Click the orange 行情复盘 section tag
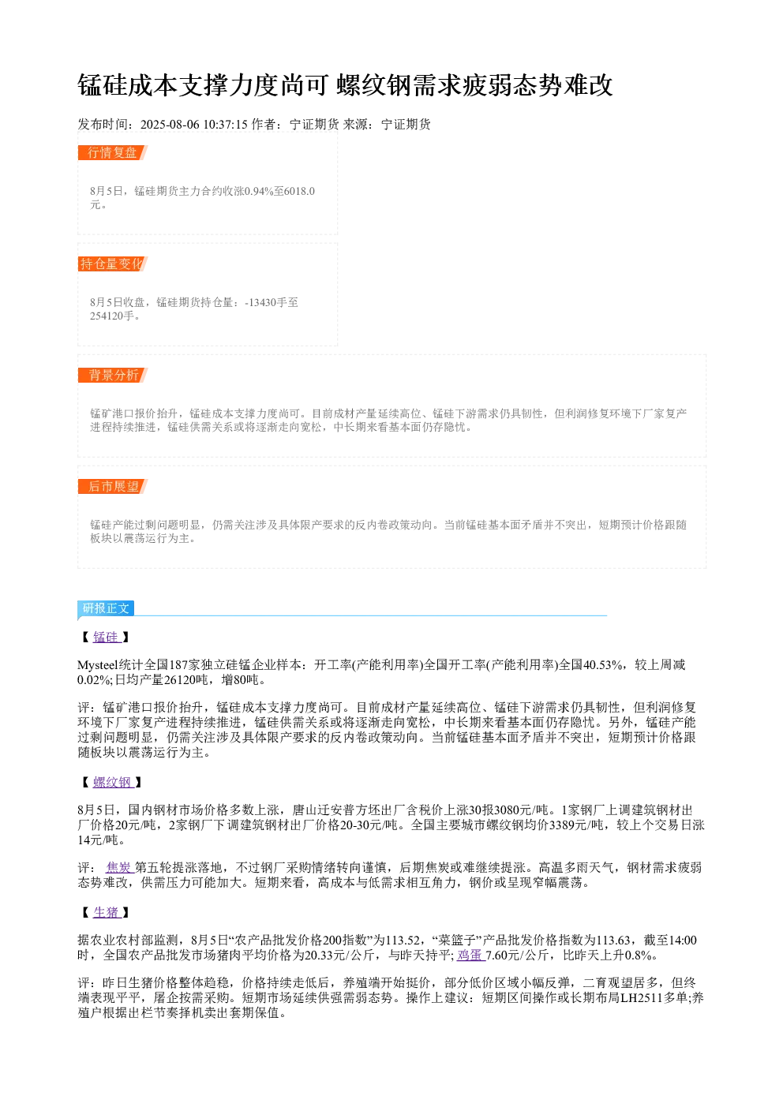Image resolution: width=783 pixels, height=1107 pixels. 113,153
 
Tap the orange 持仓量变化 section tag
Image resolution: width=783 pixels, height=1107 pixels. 113,264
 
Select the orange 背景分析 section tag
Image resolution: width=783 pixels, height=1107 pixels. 113,375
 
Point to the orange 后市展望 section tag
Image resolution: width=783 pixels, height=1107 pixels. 113,486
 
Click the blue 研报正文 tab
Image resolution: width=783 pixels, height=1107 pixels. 106,608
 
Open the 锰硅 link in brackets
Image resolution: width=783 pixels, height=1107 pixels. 107,637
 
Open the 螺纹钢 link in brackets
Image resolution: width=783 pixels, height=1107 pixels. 113,782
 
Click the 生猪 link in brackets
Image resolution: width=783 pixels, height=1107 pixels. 107,912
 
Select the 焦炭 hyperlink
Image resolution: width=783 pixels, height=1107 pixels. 120,867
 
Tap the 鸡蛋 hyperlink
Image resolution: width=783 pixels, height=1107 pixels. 471,955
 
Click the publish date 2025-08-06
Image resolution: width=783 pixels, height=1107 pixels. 170,124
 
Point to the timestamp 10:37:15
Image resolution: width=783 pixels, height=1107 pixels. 225,124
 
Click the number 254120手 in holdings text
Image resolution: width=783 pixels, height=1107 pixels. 112,316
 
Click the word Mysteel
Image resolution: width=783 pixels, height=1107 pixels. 98,664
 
